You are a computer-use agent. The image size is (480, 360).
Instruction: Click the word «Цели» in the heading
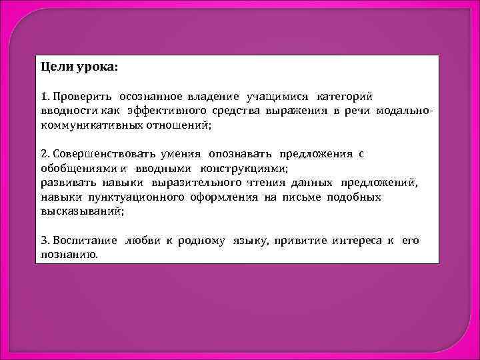coord(54,68)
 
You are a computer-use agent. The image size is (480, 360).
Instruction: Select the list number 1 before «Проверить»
coord(43,97)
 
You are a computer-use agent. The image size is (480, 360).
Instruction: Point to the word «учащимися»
coord(277,97)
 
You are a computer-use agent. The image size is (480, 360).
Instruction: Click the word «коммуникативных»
coord(86,125)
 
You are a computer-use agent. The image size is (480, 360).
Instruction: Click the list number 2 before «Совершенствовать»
coord(43,153)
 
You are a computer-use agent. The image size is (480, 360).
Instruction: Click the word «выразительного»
coord(204,182)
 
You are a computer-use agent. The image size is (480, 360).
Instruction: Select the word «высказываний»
coord(81,211)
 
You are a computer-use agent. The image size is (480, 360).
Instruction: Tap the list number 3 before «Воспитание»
coord(43,240)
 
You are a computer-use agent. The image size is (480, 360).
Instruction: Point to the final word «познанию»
coord(69,254)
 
